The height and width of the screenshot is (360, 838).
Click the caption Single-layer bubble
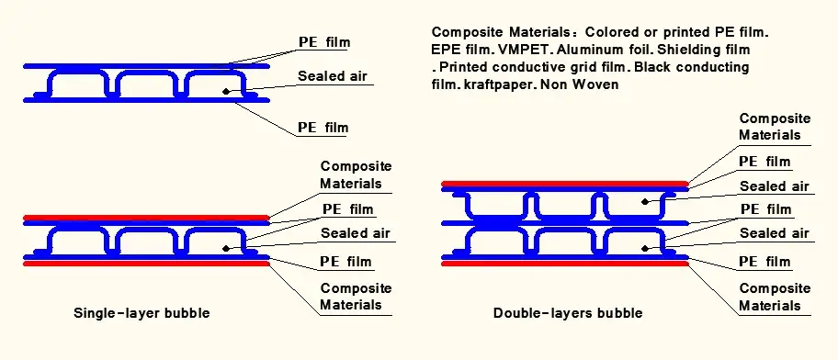pyautogui.click(x=142, y=313)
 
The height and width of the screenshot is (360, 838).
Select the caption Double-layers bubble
pyautogui.click(x=567, y=313)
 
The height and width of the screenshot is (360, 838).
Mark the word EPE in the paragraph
pyautogui.click(x=445, y=49)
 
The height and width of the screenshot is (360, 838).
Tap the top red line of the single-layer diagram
pyautogui.click(x=145, y=219)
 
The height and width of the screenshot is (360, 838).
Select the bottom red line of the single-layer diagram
pyautogui.click(x=145, y=264)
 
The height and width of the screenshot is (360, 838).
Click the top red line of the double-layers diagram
pyautogui.click(x=564, y=184)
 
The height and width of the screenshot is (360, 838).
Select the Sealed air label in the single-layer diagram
pyautogui.click(x=356, y=233)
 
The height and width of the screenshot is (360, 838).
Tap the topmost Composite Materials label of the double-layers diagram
pyautogui.click(x=775, y=127)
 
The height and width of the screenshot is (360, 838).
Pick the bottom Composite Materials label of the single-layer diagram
pyautogui.click(x=355, y=296)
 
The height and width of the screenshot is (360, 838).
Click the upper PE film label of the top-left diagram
pyautogui.click(x=323, y=42)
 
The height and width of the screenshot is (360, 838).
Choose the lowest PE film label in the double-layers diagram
pyautogui.click(x=764, y=262)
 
